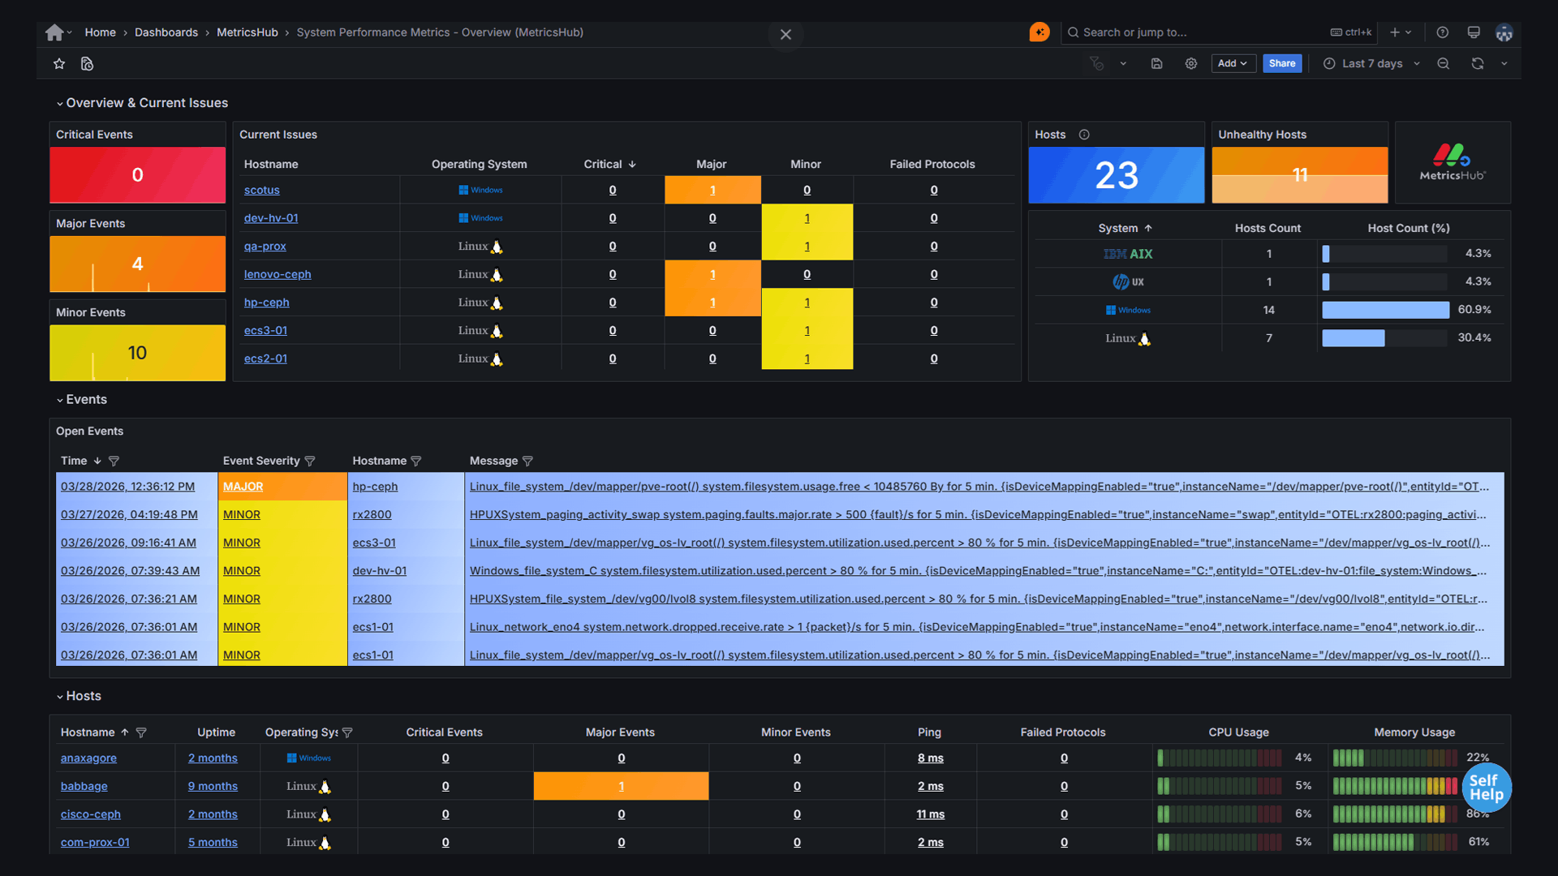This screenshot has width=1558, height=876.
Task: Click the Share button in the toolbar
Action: tap(1282, 63)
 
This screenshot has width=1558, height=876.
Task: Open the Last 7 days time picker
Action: tap(1371, 63)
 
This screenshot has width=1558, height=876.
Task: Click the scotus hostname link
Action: tap(261, 190)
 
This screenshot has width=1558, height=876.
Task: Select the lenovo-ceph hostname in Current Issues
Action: tap(278, 274)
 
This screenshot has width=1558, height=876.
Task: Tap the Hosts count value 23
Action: tap(1116, 175)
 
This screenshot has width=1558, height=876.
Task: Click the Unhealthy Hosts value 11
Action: tap(1299, 175)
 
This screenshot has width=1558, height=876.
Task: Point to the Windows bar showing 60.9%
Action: tap(1385, 310)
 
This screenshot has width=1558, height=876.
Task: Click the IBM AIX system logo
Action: tap(1128, 254)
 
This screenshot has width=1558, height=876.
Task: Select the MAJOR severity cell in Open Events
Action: tap(243, 487)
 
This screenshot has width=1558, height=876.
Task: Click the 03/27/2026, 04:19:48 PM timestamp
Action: tap(129, 514)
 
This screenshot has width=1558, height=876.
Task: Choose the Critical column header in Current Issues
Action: tap(603, 164)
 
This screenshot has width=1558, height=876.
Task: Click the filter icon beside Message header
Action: tap(527, 462)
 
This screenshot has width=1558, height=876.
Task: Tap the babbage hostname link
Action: tap(84, 786)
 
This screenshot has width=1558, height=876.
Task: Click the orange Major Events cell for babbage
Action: tap(621, 786)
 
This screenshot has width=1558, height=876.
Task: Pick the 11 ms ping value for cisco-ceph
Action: tap(930, 814)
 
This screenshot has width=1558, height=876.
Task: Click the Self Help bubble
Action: tap(1486, 788)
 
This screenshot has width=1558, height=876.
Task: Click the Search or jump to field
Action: tap(1193, 32)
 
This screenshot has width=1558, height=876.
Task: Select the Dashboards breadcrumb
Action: tap(166, 32)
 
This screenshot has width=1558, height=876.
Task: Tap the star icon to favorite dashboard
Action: tap(59, 63)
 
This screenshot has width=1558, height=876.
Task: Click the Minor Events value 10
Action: tap(137, 353)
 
